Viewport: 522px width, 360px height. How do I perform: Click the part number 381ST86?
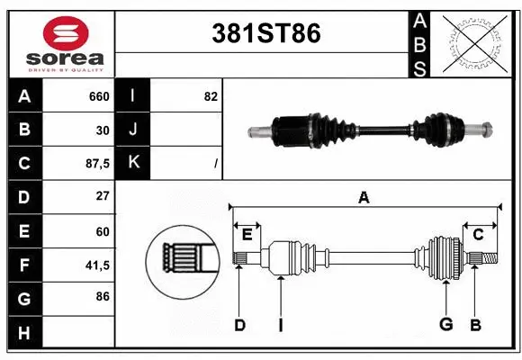tap(264, 33)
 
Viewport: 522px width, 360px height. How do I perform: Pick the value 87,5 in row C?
tap(96, 164)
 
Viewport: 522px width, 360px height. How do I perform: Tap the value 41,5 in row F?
tap(96, 265)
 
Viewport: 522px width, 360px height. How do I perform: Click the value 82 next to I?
tap(211, 96)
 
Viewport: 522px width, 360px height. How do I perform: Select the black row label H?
tap(23, 333)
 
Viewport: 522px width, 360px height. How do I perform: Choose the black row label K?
tap(133, 164)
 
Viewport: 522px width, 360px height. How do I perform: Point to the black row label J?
tap(133, 130)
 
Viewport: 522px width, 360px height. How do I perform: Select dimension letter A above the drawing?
tap(364, 198)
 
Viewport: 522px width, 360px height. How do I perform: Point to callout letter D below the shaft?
tap(239, 325)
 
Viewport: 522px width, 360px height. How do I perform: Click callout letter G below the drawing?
tap(445, 325)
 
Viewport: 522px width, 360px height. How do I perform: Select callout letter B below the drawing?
tap(476, 325)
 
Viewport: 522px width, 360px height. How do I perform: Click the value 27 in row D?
tap(102, 197)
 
